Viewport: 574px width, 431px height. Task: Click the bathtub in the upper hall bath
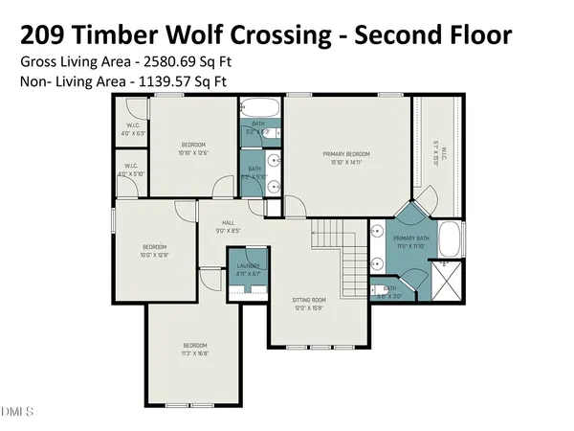pos(258,107)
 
